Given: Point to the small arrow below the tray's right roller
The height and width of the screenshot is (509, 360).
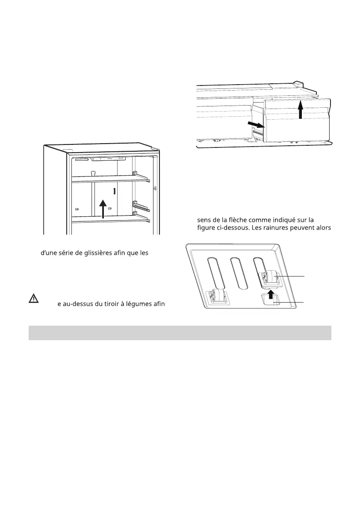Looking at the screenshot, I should [x=270, y=294].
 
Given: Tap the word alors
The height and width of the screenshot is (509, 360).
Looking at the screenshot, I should [x=322, y=228].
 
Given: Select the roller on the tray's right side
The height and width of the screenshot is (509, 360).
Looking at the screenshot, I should [x=270, y=278].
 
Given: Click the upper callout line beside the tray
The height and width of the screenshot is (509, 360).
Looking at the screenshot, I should [x=292, y=276].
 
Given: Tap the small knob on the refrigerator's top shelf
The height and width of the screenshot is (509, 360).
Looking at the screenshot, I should [x=92, y=173].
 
